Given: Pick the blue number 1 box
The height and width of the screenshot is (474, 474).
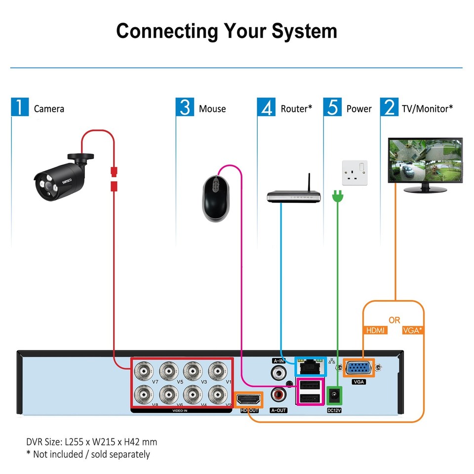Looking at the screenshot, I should pos(20,107).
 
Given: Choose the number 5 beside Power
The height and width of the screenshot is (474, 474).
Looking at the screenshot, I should pos(333,107).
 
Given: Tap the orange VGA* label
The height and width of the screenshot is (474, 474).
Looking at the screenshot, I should pos(412,330).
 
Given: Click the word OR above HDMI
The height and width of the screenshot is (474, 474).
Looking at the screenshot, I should pos(394,320).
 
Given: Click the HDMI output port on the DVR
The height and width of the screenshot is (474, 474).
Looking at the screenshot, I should pos(249,399).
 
